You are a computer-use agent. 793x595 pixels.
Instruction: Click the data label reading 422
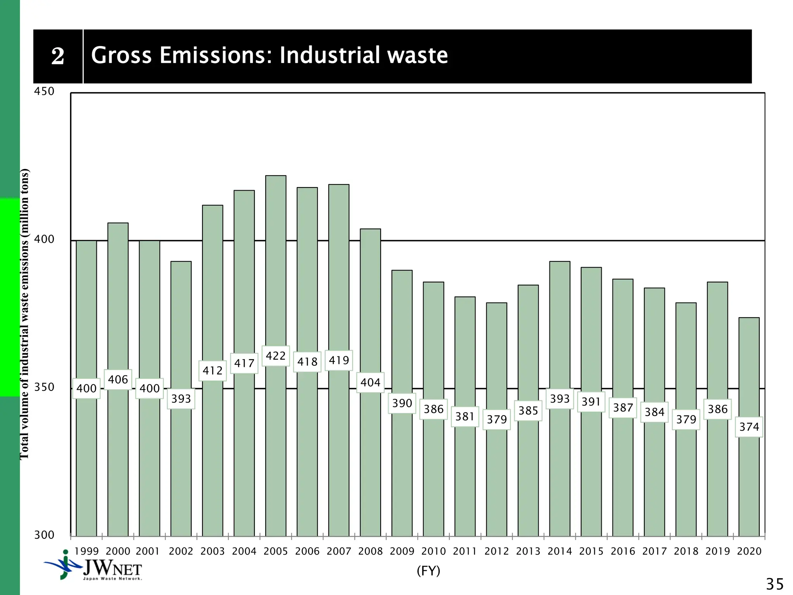pos(276,356)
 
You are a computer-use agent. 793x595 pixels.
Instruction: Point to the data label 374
pos(749,427)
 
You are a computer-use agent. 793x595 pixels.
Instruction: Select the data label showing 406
pos(118,380)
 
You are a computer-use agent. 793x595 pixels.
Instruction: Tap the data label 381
pos(465,417)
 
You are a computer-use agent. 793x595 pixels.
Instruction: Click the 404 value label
pos(370,383)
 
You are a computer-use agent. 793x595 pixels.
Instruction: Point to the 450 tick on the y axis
pos(44,91)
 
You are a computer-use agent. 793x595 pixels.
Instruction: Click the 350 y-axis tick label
pos(44,387)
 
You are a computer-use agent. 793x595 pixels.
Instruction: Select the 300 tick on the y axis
pos(44,535)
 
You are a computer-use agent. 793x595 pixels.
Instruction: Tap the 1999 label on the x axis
pos(86,551)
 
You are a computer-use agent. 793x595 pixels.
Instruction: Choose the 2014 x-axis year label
pos(560,551)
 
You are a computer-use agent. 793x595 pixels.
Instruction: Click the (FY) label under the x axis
pos(428,571)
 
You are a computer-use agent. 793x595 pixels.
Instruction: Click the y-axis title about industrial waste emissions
pos(24,314)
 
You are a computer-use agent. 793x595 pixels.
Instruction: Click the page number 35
pos(774,584)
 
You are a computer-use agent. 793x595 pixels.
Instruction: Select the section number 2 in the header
pos(58,56)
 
